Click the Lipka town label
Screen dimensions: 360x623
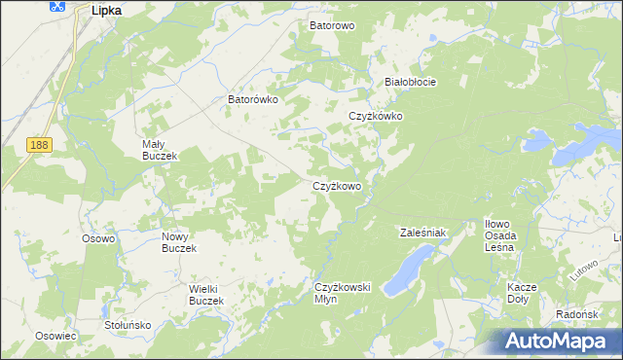click(105, 9)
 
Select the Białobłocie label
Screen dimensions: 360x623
click(410, 82)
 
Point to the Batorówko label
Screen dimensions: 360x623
click(253, 99)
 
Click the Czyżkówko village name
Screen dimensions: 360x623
click(376, 117)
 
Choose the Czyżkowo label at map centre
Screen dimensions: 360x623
click(337, 186)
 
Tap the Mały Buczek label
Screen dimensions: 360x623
click(157, 150)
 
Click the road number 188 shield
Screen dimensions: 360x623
click(39, 145)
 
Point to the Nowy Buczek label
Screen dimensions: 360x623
click(179, 242)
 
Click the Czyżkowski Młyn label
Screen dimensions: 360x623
click(344, 293)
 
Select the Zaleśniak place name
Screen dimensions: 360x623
click(422, 233)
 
